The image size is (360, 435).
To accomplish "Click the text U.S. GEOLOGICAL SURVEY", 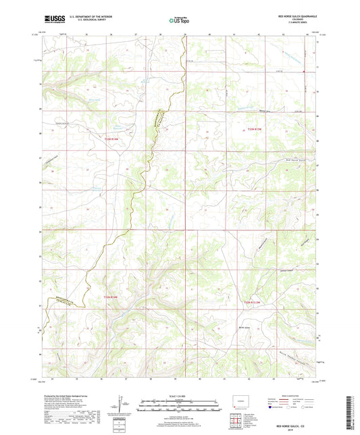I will pos(88,18).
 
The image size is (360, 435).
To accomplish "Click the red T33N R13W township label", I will pos(254,130).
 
